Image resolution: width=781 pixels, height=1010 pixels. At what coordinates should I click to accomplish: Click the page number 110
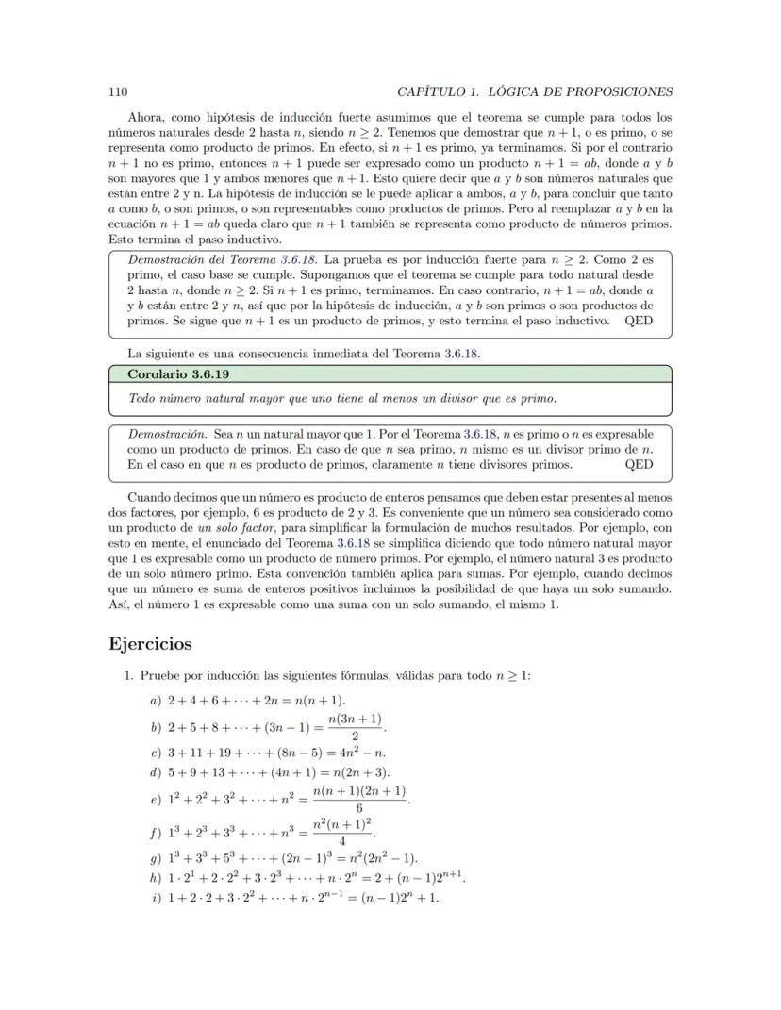(118, 91)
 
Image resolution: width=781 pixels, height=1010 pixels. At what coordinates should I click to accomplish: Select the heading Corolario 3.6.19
(178, 374)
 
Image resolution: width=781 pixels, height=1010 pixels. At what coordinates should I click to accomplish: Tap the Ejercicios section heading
(151, 644)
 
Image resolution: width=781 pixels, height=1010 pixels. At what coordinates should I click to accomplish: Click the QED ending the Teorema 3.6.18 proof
(639, 321)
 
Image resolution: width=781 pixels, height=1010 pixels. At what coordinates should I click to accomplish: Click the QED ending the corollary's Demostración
(639, 464)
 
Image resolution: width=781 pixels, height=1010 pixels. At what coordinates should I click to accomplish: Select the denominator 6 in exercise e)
(358, 808)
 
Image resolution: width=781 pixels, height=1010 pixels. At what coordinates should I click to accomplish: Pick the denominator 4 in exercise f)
(341, 841)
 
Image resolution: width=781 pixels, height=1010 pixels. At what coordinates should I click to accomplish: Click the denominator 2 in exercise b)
(354, 737)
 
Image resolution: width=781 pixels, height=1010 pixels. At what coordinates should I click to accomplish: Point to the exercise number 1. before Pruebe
(129, 675)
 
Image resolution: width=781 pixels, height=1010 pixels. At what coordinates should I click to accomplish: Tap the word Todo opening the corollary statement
(143, 398)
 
